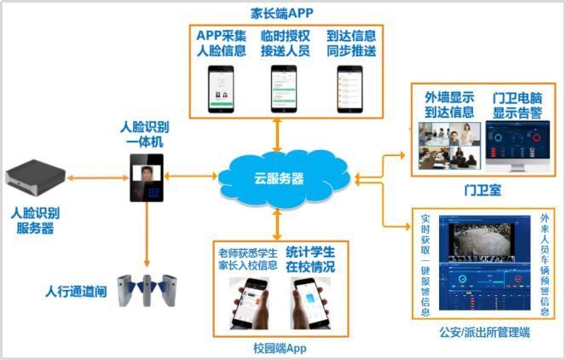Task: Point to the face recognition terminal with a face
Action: (147, 178)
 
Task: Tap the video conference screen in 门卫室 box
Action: (449, 145)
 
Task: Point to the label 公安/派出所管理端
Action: (482, 332)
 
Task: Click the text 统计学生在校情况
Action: (309, 260)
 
